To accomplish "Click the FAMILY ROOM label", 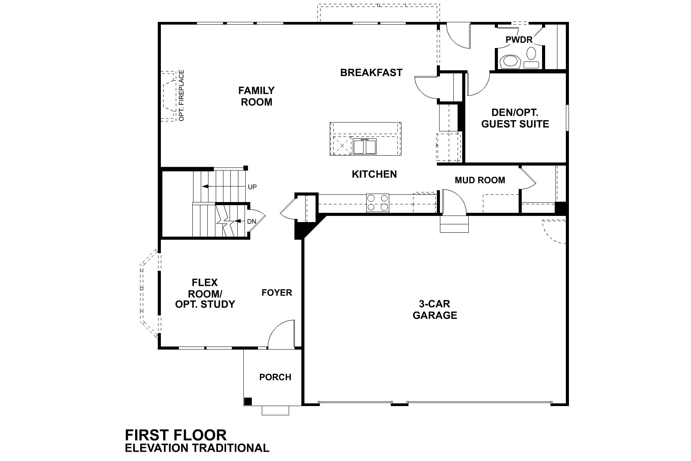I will pyautogui.click(x=256, y=96).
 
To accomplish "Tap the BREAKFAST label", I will pyautogui.click(x=371, y=73).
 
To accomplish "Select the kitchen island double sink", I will pyautogui.click(x=364, y=147).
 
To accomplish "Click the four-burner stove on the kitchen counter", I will pyautogui.click(x=377, y=203).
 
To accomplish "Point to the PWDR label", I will pyautogui.click(x=519, y=40).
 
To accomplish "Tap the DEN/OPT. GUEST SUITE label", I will pyautogui.click(x=515, y=118).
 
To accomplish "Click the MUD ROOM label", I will pyautogui.click(x=480, y=180).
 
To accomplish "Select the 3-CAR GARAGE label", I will pyautogui.click(x=435, y=310).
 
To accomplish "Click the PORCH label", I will pyautogui.click(x=275, y=377).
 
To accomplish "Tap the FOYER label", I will pyautogui.click(x=277, y=293).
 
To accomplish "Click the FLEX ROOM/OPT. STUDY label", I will pyautogui.click(x=205, y=294).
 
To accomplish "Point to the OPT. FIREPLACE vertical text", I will pyautogui.click(x=182, y=95).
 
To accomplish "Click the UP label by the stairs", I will pyautogui.click(x=252, y=187).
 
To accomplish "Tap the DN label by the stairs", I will pyautogui.click(x=251, y=222).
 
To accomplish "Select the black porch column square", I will pyautogui.click(x=248, y=401).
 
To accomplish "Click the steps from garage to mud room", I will pyautogui.click(x=455, y=224).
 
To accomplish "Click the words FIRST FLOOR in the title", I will pyautogui.click(x=176, y=435).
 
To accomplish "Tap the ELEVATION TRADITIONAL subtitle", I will pyautogui.click(x=197, y=448).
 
